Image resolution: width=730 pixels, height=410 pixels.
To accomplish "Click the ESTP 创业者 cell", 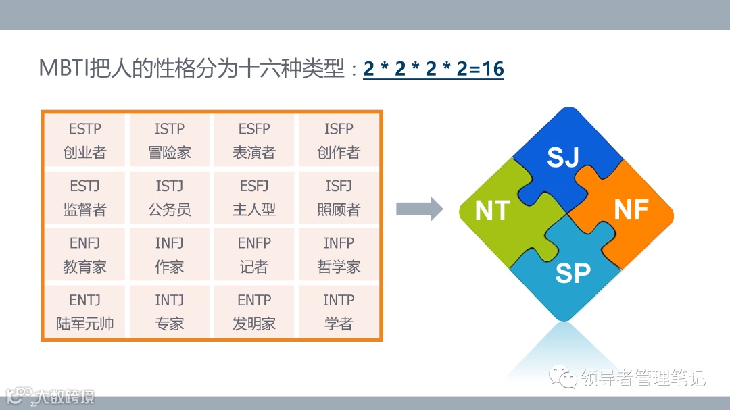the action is coord(85,140).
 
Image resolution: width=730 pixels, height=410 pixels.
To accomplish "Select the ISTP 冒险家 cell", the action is coord(170,140).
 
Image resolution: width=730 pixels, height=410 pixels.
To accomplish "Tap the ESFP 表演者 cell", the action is coord(254,140).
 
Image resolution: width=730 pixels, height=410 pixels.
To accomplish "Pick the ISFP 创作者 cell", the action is coord(339,140).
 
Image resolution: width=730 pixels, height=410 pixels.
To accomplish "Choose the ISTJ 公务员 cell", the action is coord(170,198).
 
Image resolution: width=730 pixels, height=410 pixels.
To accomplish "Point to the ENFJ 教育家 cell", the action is coord(85,255).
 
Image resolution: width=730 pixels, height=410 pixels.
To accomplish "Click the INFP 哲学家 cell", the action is coord(339,255).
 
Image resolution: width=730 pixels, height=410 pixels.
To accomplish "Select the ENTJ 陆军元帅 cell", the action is coord(85,312).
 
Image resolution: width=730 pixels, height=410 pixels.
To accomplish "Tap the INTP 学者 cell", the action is coord(339,312).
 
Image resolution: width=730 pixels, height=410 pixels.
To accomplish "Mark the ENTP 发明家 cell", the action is coord(254,312).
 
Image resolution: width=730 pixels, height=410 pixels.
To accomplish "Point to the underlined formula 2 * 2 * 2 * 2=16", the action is coord(433,69).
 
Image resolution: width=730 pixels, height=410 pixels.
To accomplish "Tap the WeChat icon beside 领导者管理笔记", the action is coord(562,377).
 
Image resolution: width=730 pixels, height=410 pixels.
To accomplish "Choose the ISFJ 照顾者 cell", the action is coord(339,198).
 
